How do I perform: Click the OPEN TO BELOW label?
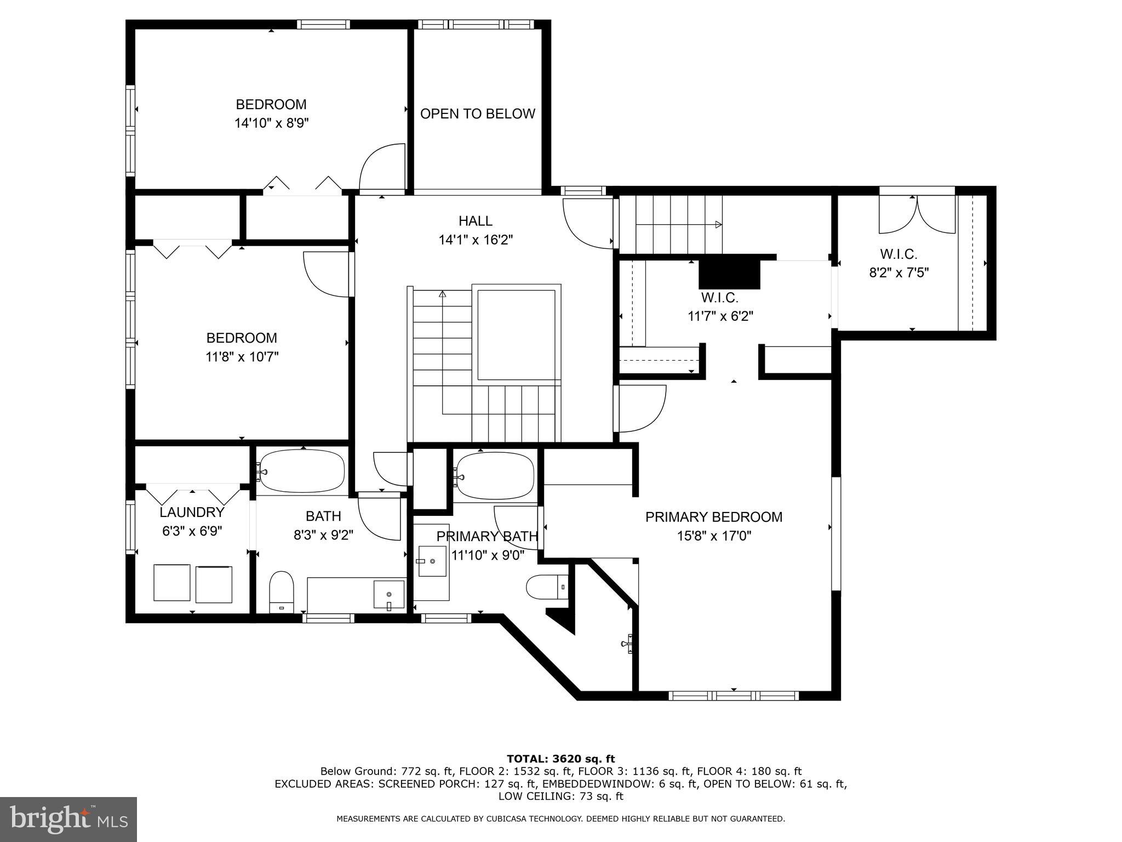477,113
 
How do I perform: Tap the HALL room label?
475,221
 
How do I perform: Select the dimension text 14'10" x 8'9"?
271,123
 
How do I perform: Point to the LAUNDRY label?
192,513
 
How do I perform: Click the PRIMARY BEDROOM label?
713,517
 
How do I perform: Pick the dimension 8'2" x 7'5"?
898,272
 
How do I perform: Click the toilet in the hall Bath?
282,591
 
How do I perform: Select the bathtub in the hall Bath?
302,471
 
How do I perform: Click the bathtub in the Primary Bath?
495,475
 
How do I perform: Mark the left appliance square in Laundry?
171,582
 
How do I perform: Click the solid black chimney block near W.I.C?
730,274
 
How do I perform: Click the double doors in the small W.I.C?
918,215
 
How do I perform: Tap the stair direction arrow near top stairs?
718,224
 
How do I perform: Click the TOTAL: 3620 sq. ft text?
560,759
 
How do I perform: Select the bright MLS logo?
68,819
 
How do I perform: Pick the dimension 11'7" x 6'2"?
720,316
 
